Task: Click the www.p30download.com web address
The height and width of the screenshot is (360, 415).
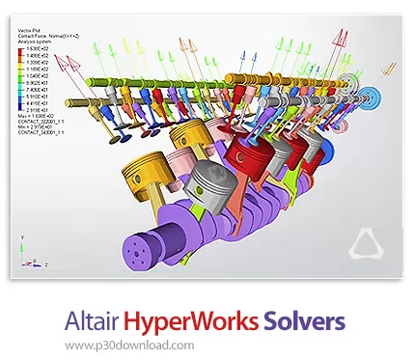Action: [140, 342]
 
